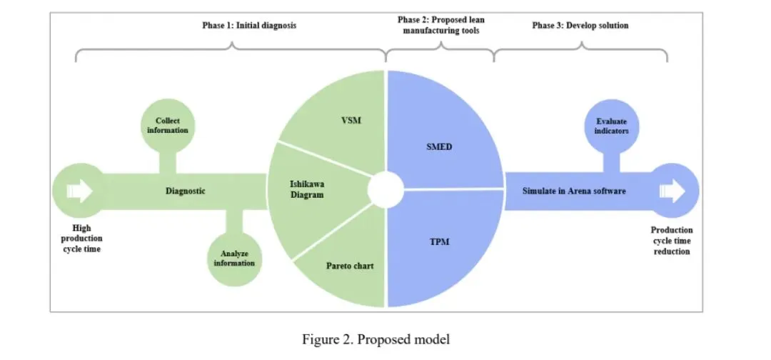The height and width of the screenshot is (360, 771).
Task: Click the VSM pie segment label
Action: (x=351, y=120)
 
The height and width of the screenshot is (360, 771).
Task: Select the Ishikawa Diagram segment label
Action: (x=307, y=189)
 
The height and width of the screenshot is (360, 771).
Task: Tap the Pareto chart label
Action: (x=350, y=266)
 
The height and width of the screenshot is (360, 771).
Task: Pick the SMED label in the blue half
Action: (x=440, y=147)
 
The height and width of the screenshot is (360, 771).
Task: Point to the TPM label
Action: (x=440, y=242)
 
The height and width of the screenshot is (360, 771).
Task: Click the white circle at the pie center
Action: (x=386, y=190)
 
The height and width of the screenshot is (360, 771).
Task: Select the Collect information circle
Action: (x=172, y=126)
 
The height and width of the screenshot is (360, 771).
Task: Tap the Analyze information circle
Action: (x=234, y=258)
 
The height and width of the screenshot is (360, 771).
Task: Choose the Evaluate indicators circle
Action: (x=610, y=126)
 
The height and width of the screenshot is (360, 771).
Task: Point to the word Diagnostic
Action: (x=186, y=191)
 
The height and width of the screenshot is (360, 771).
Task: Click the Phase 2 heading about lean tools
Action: (x=440, y=26)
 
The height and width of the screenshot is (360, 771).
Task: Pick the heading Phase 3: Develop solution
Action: (x=580, y=26)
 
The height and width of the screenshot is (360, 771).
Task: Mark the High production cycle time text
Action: (x=82, y=239)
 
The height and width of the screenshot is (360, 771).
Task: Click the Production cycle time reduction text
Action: (x=671, y=241)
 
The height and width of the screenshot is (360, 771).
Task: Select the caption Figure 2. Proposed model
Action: (x=376, y=339)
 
